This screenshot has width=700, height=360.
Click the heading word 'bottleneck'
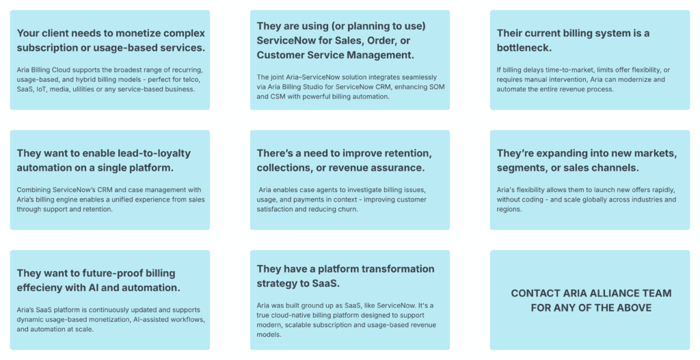(x=524, y=48)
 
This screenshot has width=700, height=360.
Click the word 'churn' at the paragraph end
(x=349, y=209)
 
